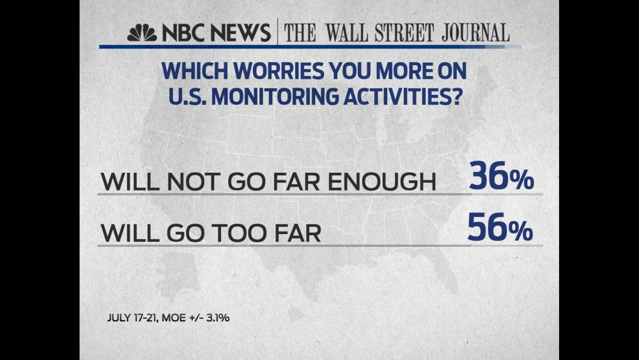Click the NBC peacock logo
point(142,33)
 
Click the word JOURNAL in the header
point(473,33)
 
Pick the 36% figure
point(501,178)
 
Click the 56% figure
point(500,228)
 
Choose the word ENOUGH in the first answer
point(383,182)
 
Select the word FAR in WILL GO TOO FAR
point(296,233)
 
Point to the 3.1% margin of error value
point(217,317)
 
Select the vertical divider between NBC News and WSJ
point(277,32)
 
